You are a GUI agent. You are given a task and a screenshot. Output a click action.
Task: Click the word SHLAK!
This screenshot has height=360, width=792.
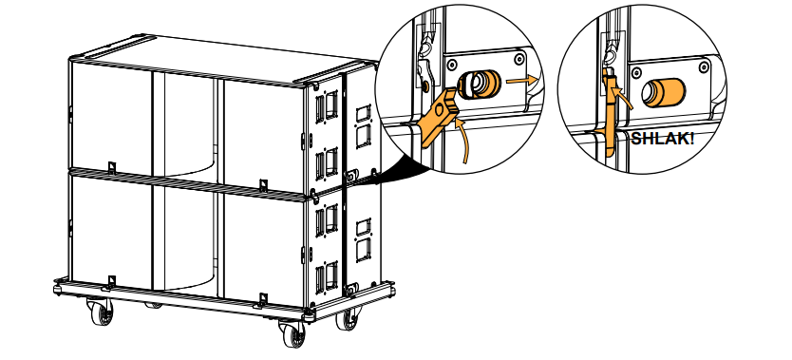click(x=662, y=139)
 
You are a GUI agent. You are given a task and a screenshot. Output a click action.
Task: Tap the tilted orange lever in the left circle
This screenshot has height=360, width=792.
click(x=438, y=116)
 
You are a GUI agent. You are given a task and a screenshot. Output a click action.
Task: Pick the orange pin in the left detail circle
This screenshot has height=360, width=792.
click(x=480, y=85)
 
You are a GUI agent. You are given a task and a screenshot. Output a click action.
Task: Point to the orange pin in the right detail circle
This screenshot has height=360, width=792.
click(x=663, y=93)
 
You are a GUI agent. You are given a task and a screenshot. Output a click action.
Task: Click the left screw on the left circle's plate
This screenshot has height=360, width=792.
click(x=453, y=65)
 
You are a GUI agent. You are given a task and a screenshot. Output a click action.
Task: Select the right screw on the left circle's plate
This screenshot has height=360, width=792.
click(x=519, y=59)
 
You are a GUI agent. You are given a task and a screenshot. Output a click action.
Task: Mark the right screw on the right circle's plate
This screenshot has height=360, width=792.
click(x=704, y=66)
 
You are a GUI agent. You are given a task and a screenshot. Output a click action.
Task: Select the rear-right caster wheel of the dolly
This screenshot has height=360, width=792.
click(x=348, y=318)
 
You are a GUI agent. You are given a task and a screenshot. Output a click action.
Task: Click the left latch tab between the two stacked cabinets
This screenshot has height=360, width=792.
click(x=112, y=167)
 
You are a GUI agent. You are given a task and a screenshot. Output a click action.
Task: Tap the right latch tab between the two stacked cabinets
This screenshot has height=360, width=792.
click(x=263, y=185)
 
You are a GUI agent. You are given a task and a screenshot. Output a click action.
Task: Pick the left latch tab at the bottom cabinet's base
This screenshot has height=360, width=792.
click(x=112, y=282)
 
